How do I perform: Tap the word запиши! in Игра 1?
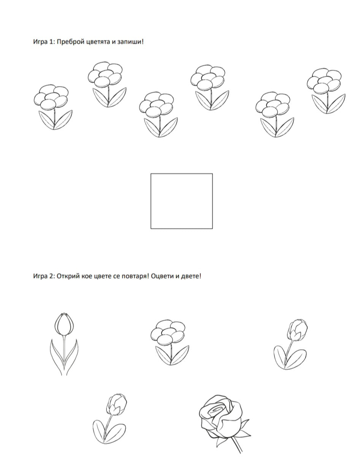[130, 41]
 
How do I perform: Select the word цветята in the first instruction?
[98, 42]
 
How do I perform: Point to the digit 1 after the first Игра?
[51, 41]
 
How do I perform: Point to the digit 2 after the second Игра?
[51, 276]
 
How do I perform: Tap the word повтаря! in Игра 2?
[135, 276]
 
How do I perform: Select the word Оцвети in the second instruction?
[162, 276]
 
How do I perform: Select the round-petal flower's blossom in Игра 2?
[168, 332]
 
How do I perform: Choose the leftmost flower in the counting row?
[53, 107]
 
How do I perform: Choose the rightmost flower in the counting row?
[326, 91]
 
